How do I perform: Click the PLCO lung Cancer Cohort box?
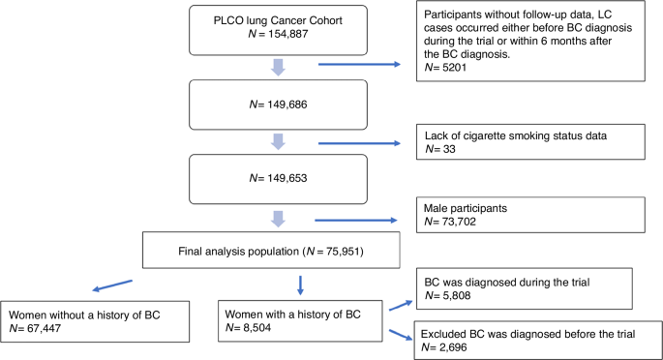pos(279,30)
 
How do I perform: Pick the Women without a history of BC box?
pos(93,319)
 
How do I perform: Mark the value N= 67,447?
pos(42,327)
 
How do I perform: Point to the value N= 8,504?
pos(254,327)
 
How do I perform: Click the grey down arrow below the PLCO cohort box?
pos(278,67)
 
